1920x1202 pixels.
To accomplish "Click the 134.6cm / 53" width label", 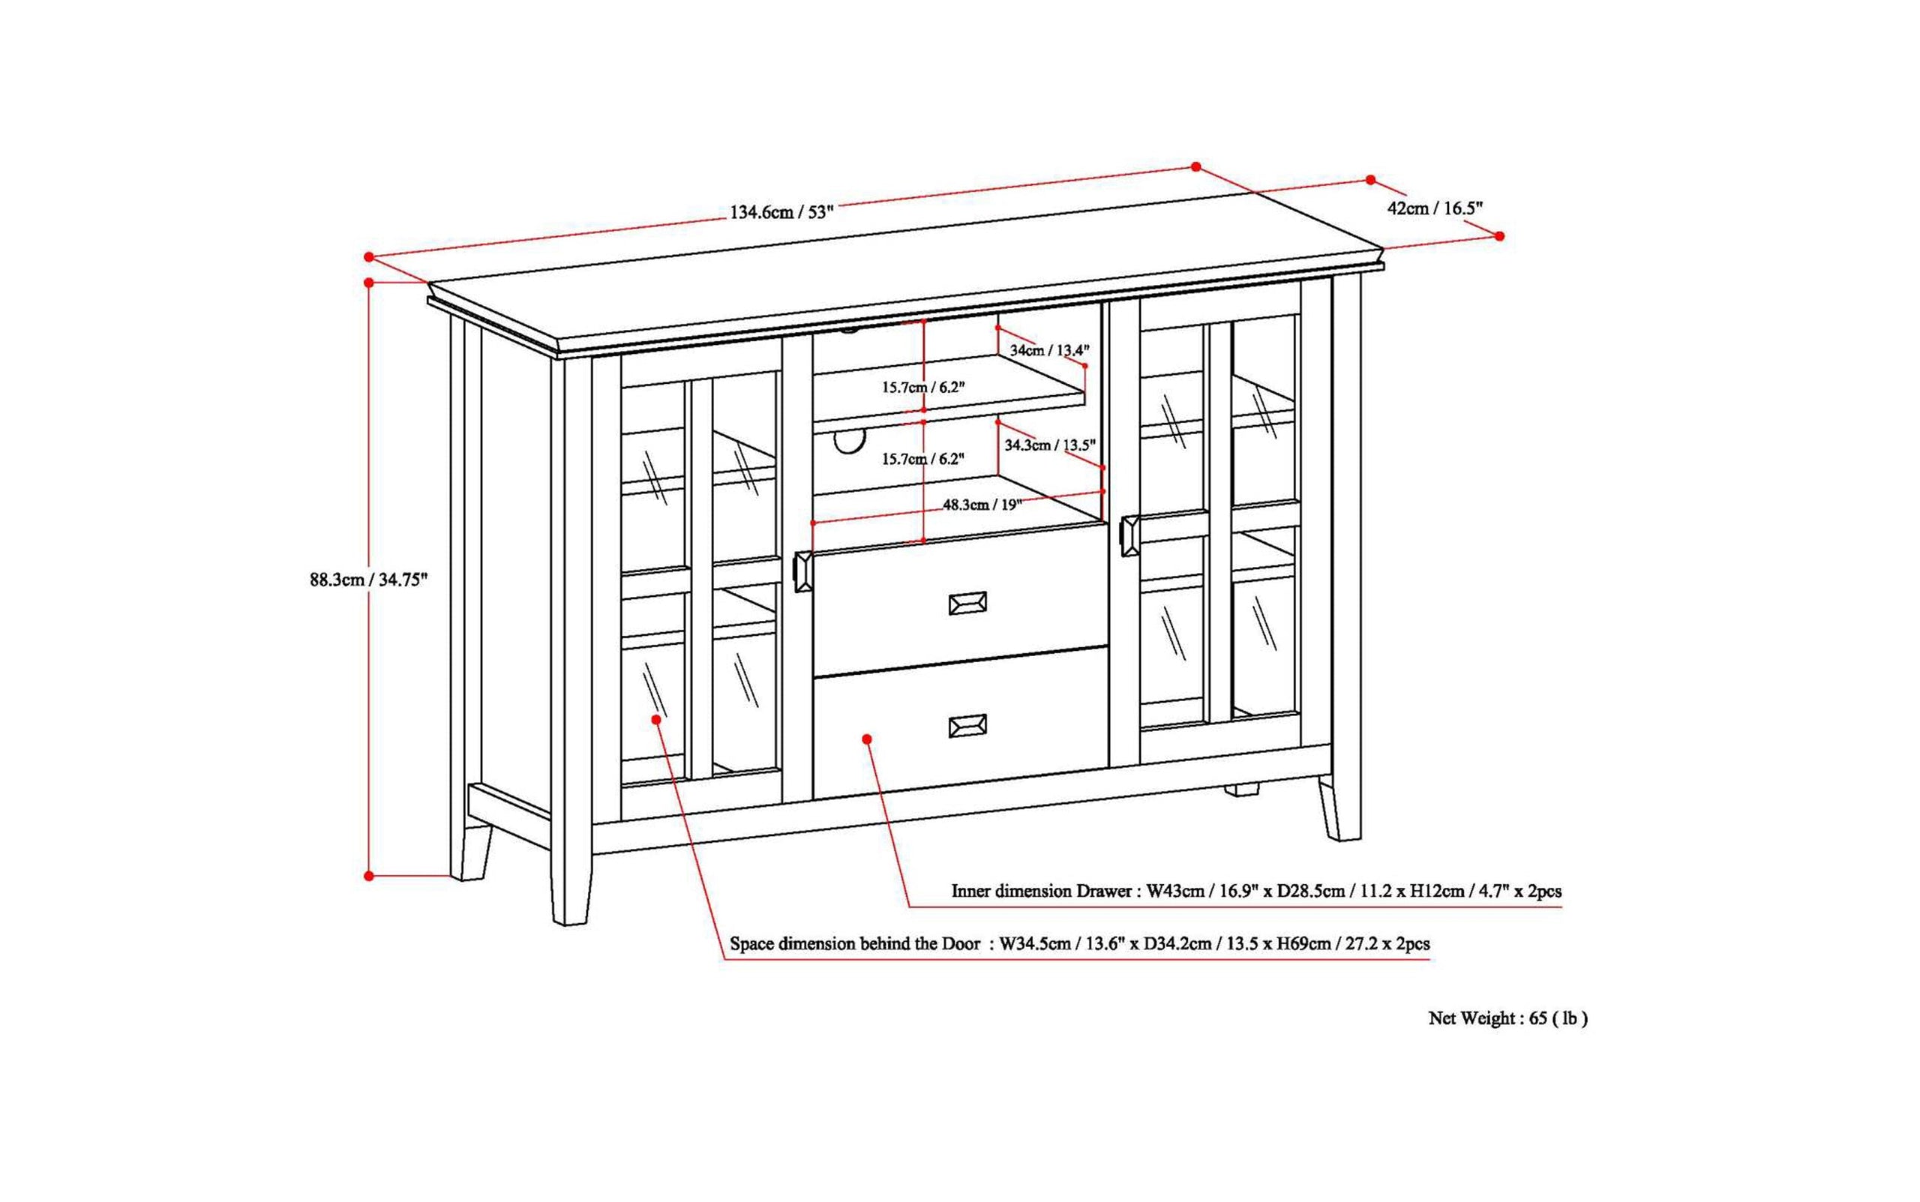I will [x=781, y=212].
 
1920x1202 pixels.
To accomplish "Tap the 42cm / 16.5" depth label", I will [x=1434, y=208].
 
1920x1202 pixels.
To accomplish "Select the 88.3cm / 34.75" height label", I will [x=368, y=580].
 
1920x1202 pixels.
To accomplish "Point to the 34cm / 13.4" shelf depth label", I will [x=1048, y=349].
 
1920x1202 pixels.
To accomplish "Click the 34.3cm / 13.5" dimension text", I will [x=1049, y=445].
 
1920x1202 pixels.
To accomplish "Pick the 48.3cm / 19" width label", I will [x=982, y=505].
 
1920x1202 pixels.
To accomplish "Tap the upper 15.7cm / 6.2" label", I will [x=922, y=388].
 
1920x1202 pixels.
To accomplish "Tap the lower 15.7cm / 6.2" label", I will [x=922, y=460].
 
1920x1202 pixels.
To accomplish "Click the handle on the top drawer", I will [x=967, y=604].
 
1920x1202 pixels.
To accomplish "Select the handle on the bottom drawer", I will [x=967, y=726].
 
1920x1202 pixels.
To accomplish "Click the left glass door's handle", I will [x=802, y=571].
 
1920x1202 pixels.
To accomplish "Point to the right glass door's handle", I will [x=1129, y=536].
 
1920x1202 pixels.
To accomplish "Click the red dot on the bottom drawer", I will [x=866, y=739].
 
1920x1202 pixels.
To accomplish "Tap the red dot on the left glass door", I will [x=656, y=718].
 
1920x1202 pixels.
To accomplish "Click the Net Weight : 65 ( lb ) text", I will [x=1507, y=1018].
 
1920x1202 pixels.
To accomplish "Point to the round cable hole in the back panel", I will [x=849, y=440].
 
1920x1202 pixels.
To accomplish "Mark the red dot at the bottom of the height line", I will [x=369, y=876].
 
